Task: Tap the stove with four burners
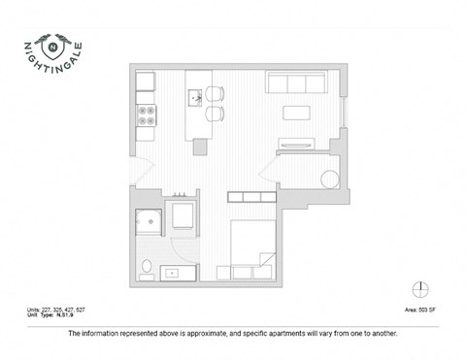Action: point(147,115)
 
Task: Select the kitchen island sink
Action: point(195,96)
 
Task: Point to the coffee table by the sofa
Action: point(295,113)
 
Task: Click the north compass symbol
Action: point(419,288)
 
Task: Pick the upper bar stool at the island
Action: point(216,94)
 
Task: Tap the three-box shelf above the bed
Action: point(250,198)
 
